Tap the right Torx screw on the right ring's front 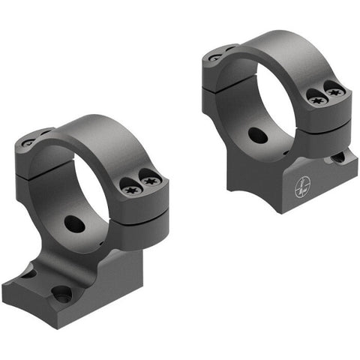click(x=334, y=91)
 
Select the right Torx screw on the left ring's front click(x=150, y=181)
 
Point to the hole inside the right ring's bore click(x=256, y=136)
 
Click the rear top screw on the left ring click(x=28, y=142)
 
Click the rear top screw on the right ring click(x=215, y=56)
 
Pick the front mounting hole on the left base click(x=61, y=292)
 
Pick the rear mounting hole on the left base click(x=28, y=273)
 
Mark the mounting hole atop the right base click(x=338, y=158)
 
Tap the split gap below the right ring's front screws click(x=324, y=121)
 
